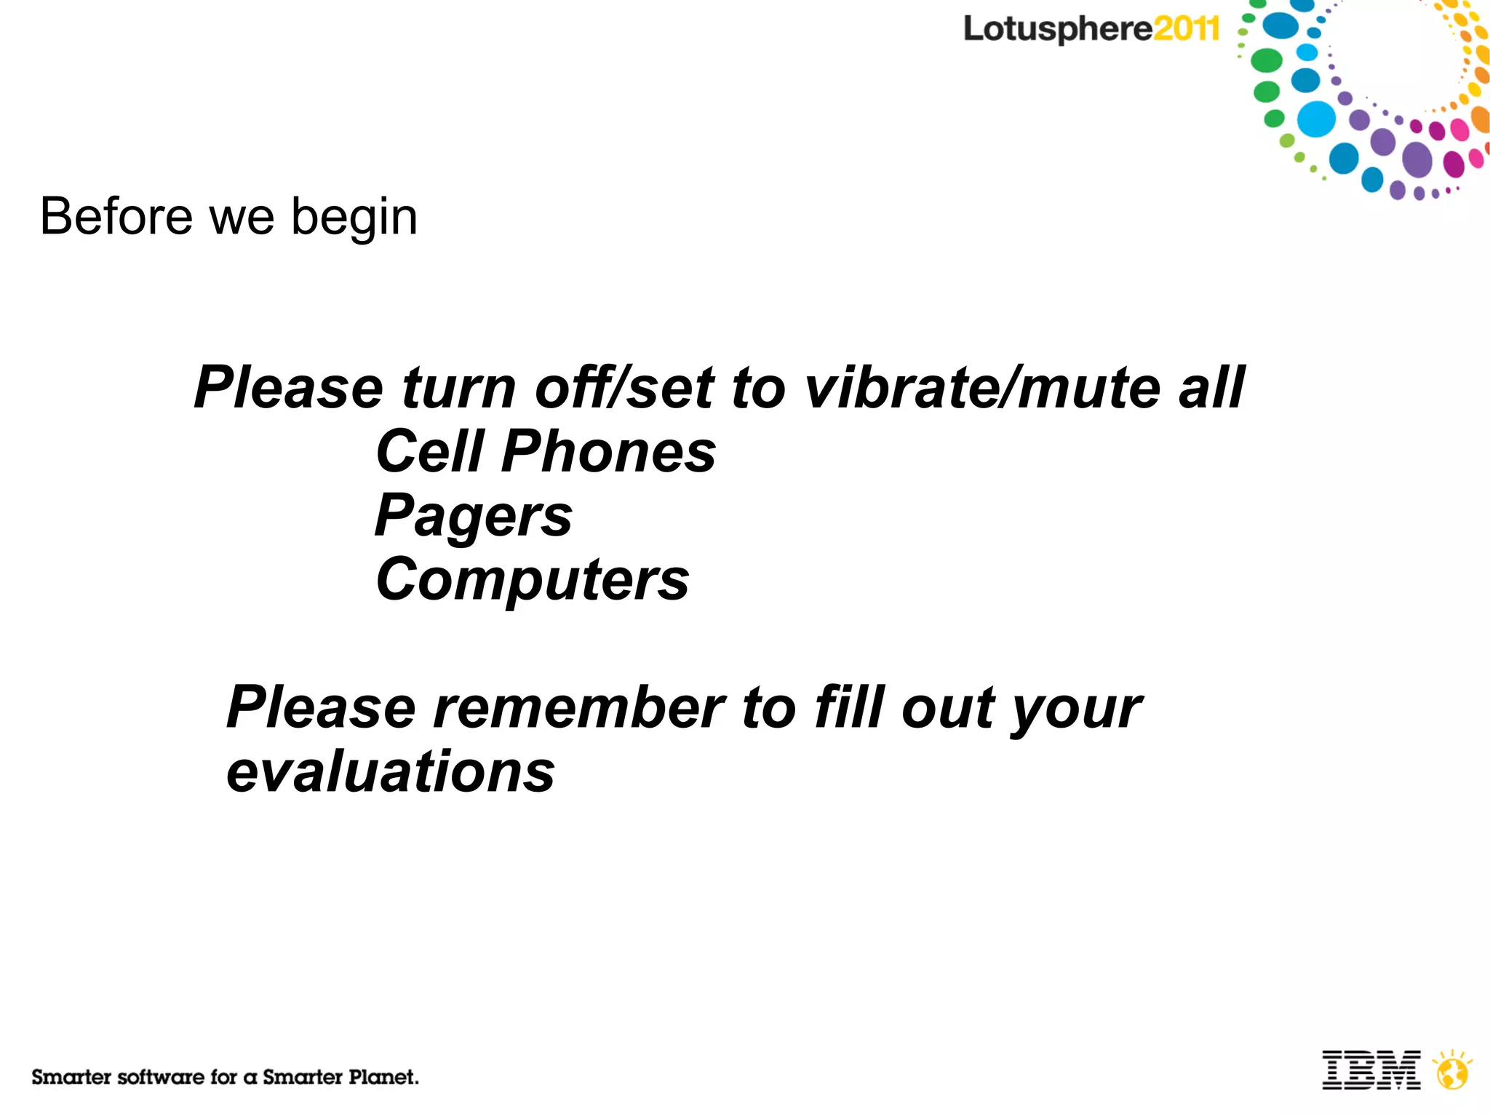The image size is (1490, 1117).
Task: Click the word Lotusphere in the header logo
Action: (x=1057, y=30)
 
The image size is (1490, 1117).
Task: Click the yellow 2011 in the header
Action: (x=1186, y=30)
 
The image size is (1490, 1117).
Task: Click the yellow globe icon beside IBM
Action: (x=1452, y=1070)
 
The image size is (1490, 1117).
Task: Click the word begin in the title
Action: (x=354, y=218)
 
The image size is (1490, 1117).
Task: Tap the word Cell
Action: (x=430, y=452)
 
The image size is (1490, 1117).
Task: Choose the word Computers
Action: (x=532, y=580)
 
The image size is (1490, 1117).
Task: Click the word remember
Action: (x=578, y=708)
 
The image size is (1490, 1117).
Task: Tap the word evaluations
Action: (x=391, y=772)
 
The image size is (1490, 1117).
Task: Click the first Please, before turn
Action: (x=288, y=388)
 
